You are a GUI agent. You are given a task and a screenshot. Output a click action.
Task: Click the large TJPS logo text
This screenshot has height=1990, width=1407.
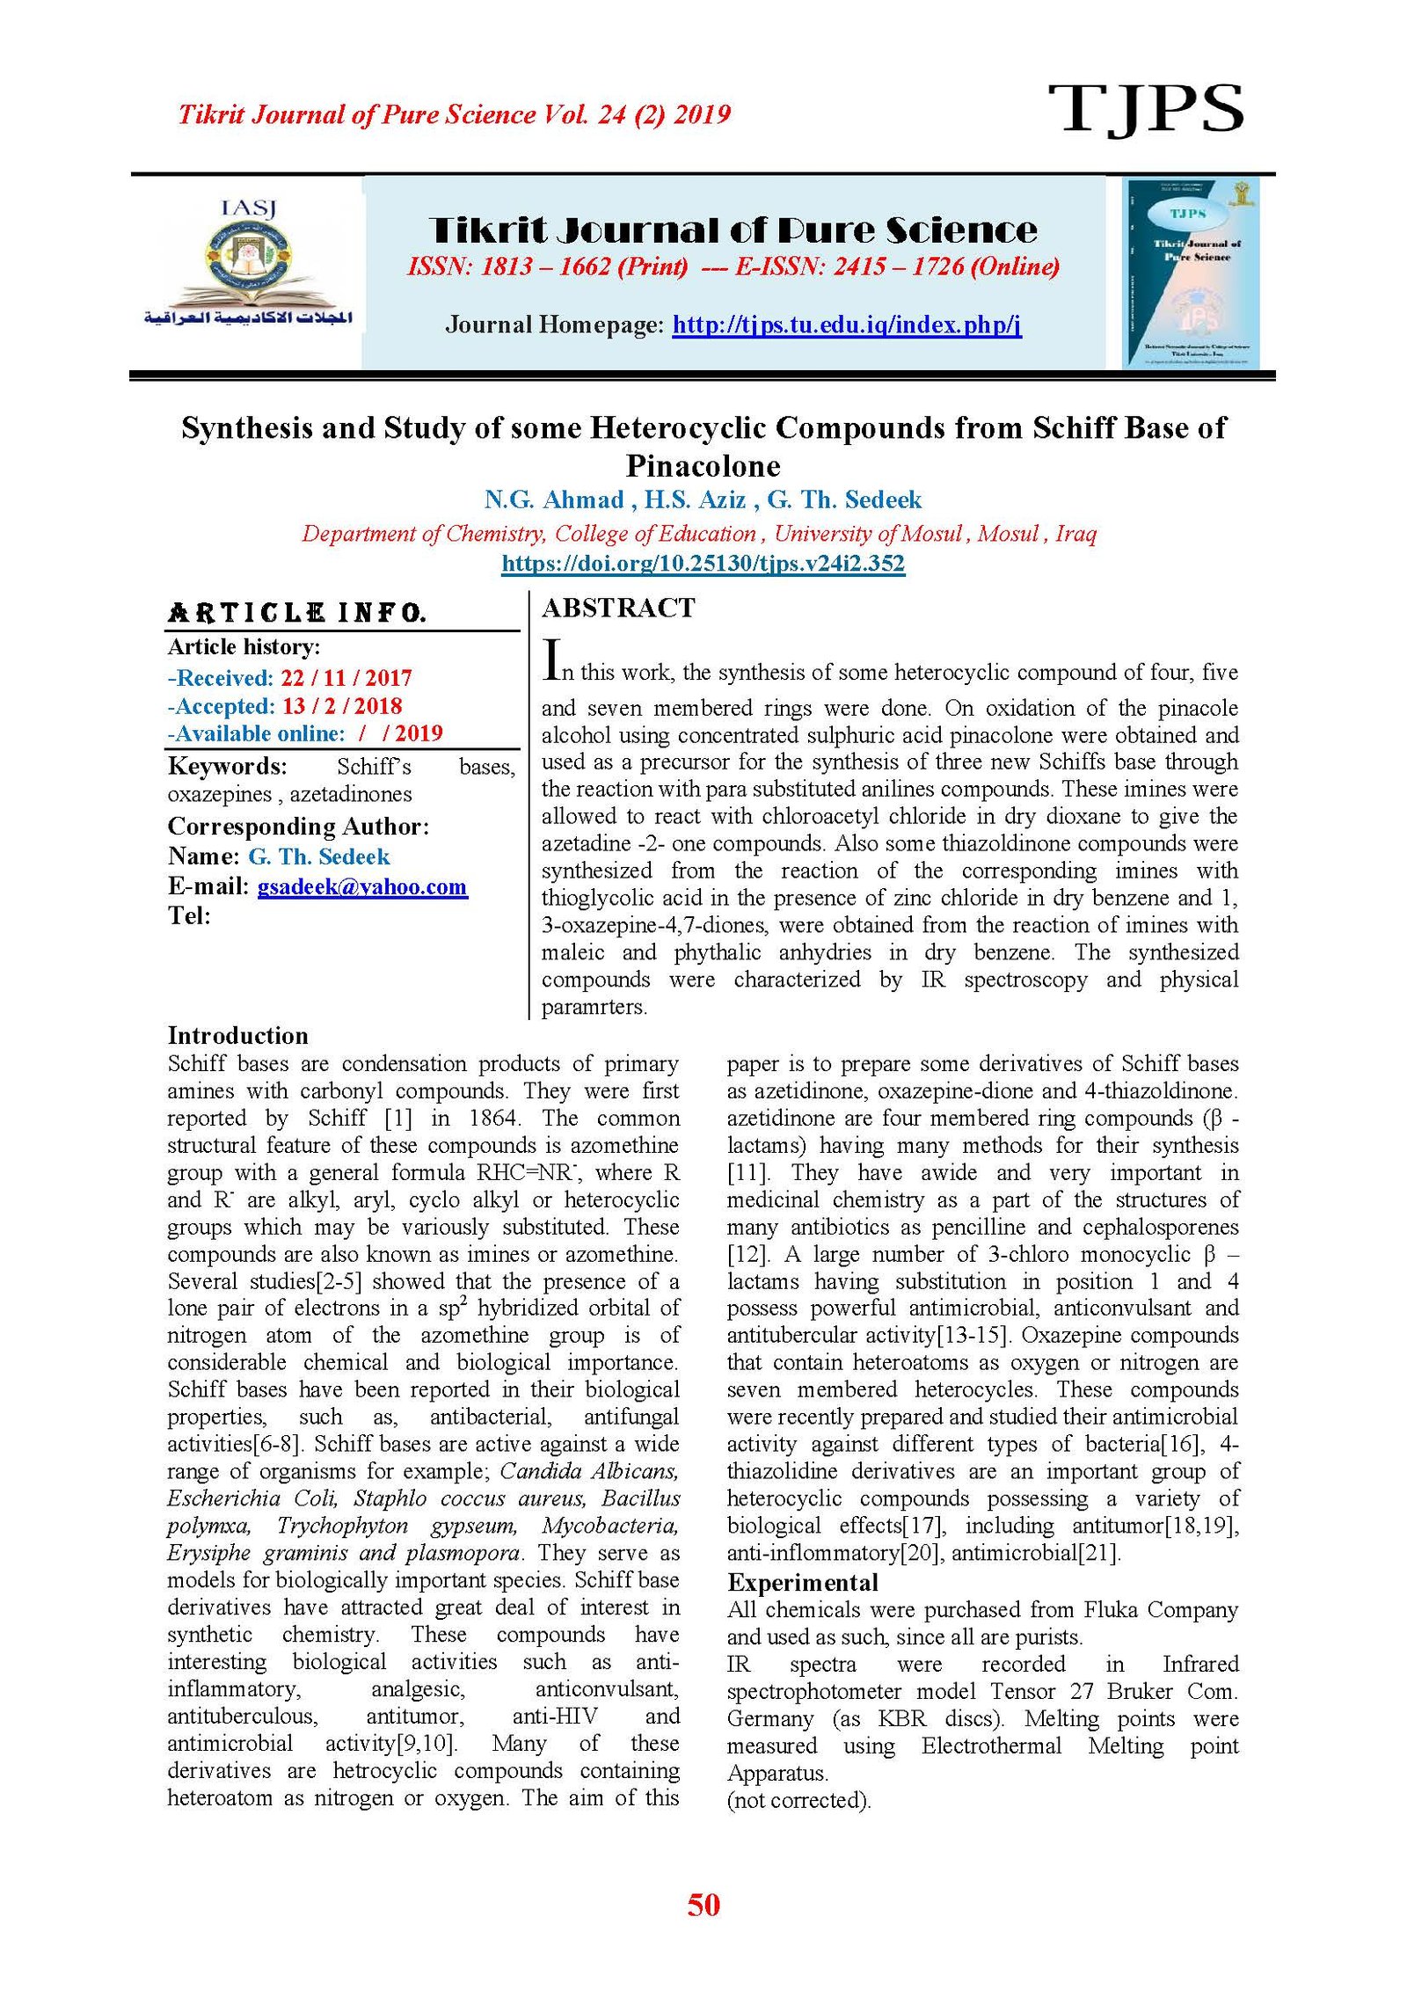(x=1145, y=110)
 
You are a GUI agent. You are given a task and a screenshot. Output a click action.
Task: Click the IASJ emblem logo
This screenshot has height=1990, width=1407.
(x=249, y=264)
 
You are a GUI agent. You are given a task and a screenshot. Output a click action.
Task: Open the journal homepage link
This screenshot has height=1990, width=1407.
(x=846, y=325)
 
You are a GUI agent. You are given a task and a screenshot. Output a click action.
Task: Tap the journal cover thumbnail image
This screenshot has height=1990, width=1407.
(x=1192, y=273)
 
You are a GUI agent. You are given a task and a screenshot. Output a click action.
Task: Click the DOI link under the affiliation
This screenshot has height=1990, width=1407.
(x=703, y=563)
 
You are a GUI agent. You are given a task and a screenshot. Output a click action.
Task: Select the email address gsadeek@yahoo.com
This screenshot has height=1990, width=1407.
(x=361, y=886)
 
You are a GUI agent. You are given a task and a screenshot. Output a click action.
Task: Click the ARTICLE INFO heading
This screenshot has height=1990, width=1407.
(x=297, y=613)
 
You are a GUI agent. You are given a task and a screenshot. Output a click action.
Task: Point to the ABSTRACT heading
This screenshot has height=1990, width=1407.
(x=618, y=608)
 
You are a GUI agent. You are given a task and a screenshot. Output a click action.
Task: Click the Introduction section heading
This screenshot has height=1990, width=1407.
(x=237, y=1035)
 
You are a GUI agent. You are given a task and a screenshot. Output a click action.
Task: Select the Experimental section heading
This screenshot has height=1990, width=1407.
(x=802, y=1583)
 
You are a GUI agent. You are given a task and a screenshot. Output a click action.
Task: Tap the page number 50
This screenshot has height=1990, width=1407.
(x=703, y=1905)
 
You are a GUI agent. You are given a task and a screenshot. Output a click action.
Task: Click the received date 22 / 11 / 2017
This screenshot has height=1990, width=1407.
(x=346, y=678)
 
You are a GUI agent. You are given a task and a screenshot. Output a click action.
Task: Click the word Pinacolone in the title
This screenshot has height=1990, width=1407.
(x=703, y=465)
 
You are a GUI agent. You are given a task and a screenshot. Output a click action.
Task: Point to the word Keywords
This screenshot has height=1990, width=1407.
(x=227, y=767)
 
